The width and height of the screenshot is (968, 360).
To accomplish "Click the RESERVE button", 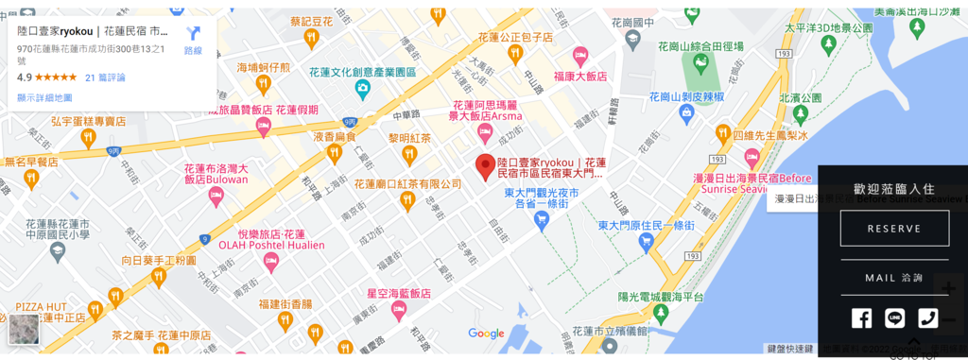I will point(894,229).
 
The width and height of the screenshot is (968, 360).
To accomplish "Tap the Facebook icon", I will point(861,318).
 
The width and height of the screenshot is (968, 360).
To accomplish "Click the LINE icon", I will point(894,318).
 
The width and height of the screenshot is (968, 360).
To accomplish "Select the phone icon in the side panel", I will point(927,318).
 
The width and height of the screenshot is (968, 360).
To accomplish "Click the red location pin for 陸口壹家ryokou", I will point(485,166).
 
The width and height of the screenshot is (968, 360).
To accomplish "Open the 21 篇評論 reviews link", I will point(105,77).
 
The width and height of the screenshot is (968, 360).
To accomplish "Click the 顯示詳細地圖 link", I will point(45,97).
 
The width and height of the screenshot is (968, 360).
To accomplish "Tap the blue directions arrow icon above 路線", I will point(194,33).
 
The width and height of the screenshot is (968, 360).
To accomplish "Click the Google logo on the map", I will point(486,334).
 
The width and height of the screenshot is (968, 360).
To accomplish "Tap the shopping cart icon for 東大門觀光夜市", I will point(542,219).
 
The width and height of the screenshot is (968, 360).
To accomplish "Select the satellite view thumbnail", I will point(25,330).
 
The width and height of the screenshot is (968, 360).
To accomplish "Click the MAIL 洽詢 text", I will point(893,278).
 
